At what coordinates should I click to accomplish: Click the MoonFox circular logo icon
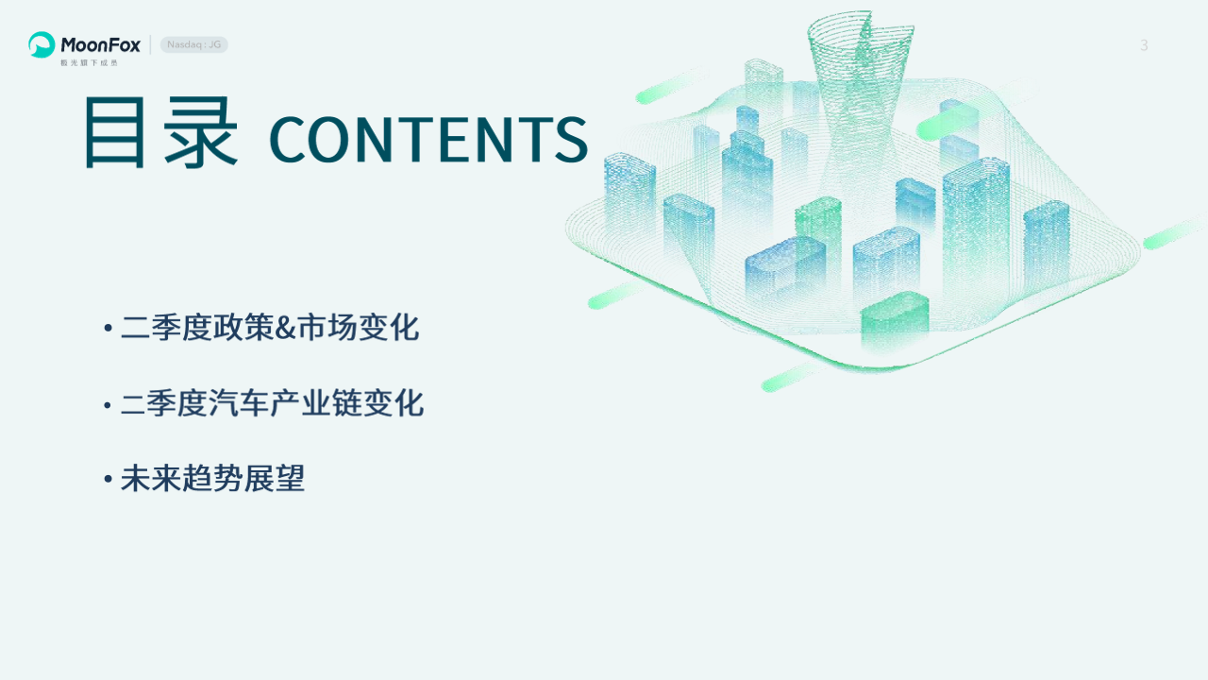[42, 44]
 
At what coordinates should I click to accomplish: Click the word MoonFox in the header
[100, 44]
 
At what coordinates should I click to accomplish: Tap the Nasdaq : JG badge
[194, 44]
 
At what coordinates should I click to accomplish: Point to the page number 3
[1144, 45]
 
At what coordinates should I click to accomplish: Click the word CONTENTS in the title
[428, 140]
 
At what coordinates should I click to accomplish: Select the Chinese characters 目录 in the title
[160, 132]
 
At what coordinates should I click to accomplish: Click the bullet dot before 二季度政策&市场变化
[108, 328]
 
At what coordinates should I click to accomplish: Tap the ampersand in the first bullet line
[286, 328]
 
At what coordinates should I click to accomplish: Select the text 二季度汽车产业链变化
[272, 403]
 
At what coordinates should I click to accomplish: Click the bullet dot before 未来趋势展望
[108, 478]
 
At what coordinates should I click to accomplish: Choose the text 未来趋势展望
[212, 478]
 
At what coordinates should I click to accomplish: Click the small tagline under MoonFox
[89, 63]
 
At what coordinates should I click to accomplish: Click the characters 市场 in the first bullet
[327, 328]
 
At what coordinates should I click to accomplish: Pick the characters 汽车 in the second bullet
[239, 403]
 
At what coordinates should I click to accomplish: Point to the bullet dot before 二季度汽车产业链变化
[108, 404]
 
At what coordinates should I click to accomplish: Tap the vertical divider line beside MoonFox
[150, 44]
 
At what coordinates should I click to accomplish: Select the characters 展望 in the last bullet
[275, 478]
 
